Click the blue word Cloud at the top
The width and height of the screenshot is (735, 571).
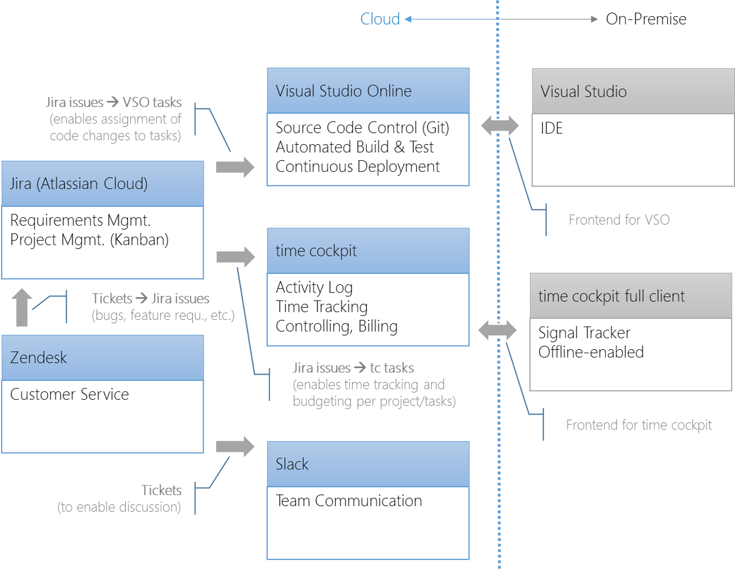(x=380, y=19)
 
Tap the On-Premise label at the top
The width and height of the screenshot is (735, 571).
(x=646, y=19)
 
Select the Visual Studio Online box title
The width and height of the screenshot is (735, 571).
(x=343, y=91)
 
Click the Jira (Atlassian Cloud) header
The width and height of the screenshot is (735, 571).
(x=79, y=184)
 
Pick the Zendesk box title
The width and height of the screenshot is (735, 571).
(x=38, y=357)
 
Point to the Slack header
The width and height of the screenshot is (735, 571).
(x=292, y=464)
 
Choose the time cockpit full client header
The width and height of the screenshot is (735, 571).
(x=612, y=296)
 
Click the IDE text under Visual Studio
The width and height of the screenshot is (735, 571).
(x=552, y=128)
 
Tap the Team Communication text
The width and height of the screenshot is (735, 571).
(x=349, y=501)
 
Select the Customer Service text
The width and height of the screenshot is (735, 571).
(x=69, y=395)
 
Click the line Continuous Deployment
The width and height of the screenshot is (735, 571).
(x=358, y=167)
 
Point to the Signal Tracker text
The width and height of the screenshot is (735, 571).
(x=585, y=333)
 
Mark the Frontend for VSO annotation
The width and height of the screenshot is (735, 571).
(x=619, y=220)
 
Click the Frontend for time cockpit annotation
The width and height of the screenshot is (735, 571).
(x=639, y=425)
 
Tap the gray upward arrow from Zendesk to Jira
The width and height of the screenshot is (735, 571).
(x=22, y=307)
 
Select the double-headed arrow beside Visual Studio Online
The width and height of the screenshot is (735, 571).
(x=500, y=126)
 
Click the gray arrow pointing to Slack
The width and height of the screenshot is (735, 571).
(x=235, y=447)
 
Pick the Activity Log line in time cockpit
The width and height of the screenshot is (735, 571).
(x=314, y=288)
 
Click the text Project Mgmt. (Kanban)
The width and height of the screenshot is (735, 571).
(x=90, y=240)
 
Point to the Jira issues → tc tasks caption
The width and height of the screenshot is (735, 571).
(x=353, y=368)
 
